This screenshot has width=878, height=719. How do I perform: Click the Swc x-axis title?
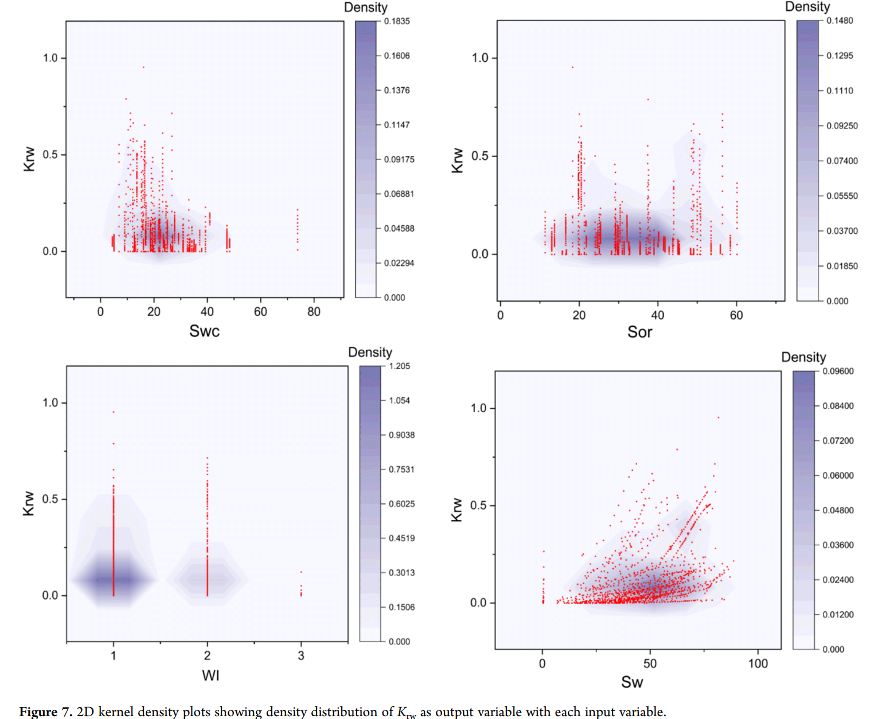(x=204, y=331)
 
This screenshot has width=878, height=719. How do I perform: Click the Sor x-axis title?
(x=639, y=332)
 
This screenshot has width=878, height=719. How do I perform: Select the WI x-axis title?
(x=210, y=675)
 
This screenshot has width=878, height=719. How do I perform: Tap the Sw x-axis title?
(x=632, y=682)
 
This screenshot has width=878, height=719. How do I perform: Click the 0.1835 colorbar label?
(x=397, y=21)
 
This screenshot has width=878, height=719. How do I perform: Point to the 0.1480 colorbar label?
(x=840, y=21)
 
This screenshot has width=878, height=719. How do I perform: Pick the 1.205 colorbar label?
(x=399, y=366)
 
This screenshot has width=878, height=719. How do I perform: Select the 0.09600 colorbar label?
(x=838, y=371)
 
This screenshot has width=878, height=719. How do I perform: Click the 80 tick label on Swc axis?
(x=314, y=312)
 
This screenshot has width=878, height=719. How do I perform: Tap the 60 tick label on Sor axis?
(x=736, y=315)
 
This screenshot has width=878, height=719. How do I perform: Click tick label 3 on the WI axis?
(x=301, y=655)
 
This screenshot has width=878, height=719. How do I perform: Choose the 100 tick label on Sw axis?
(x=758, y=663)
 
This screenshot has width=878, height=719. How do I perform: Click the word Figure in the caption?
(x=38, y=712)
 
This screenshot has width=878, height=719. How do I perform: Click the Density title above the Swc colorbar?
(x=365, y=7)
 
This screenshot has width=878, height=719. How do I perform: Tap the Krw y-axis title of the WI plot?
(x=28, y=503)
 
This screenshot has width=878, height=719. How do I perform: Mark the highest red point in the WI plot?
(x=114, y=412)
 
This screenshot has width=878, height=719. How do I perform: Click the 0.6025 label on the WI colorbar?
(x=401, y=503)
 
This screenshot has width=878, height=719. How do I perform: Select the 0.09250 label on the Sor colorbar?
(x=842, y=126)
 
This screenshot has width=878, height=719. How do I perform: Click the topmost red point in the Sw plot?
(x=718, y=417)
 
